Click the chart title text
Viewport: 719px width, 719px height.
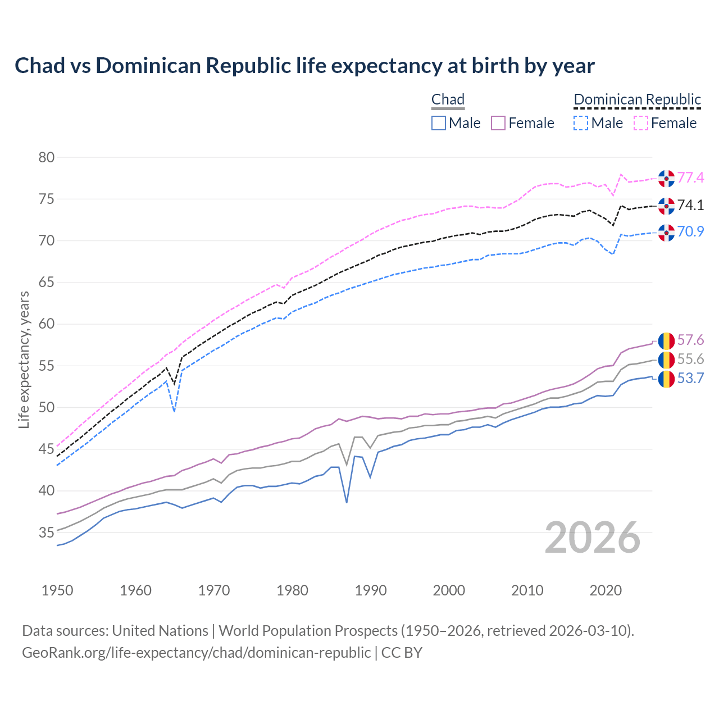pos(304,66)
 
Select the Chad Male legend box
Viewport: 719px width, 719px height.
pos(439,123)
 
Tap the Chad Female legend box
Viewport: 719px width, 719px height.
pos(498,123)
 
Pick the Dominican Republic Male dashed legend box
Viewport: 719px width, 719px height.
pos(581,123)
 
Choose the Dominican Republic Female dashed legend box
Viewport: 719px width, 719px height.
pos(641,123)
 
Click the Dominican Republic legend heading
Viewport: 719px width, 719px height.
pos(637,99)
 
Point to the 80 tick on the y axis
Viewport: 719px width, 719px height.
pos(47,157)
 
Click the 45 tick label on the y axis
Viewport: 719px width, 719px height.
pos(47,449)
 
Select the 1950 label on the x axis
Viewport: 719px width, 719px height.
pos(57,590)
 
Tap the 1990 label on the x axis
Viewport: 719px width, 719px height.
pos(371,590)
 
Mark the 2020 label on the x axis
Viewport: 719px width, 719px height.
pos(606,590)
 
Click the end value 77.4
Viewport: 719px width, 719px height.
pos(690,178)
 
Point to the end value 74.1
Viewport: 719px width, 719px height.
pos(690,206)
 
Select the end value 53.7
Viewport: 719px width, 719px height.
pos(690,379)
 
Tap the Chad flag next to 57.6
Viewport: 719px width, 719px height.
pos(666,340)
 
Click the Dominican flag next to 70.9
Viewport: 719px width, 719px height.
pos(666,232)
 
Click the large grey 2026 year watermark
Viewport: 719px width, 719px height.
pos(592,538)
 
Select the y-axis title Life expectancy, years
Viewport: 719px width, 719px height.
pos(24,359)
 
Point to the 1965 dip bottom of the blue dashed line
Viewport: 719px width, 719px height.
pos(175,411)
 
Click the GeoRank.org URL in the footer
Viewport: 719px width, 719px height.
pos(196,653)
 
